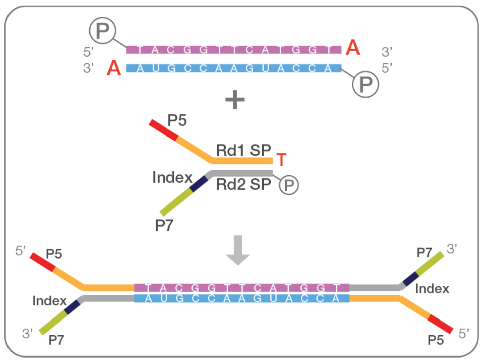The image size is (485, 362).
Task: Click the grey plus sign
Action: pyautogui.click(x=235, y=100)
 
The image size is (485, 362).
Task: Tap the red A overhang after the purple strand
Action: pyautogui.click(x=353, y=49)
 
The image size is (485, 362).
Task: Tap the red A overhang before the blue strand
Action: pyautogui.click(x=114, y=68)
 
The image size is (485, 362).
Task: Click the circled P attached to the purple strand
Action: pyautogui.click(x=103, y=31)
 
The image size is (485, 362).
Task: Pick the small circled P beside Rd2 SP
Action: pyautogui.click(x=289, y=184)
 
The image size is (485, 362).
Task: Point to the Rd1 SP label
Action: pyautogui.click(x=243, y=151)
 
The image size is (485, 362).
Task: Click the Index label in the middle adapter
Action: pyautogui.click(x=172, y=178)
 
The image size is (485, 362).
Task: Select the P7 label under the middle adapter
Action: pyautogui.click(x=164, y=226)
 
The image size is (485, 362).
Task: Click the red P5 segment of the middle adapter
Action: pyautogui.click(x=164, y=130)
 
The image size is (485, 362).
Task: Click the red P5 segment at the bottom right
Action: pyautogui.click(x=441, y=325)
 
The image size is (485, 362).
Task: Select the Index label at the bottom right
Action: pyautogui.click(x=432, y=288)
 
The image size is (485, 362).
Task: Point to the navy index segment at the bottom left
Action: pyautogui.click(x=73, y=307)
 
